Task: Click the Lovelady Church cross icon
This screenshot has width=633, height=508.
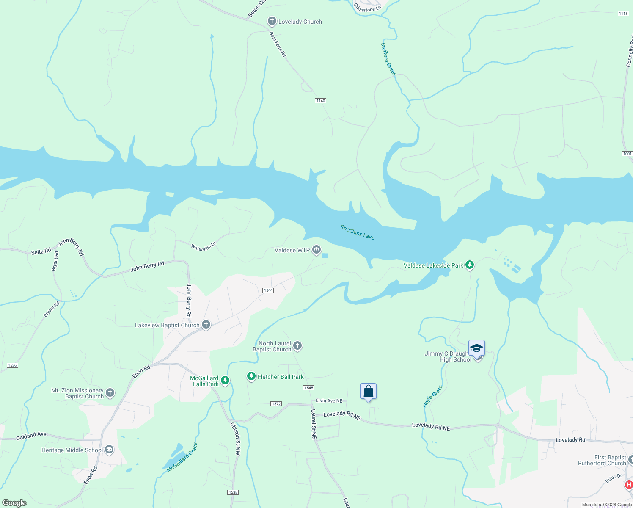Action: [x=272, y=21]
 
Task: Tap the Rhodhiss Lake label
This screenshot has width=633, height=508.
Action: [x=358, y=232]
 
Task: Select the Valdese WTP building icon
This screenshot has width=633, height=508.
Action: [x=316, y=250]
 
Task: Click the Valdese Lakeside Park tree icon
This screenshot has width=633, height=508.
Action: [x=469, y=265]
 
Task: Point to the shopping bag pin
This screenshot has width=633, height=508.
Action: [x=368, y=391]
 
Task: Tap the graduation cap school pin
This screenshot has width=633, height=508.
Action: [x=476, y=348]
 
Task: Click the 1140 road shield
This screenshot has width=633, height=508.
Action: [x=320, y=101]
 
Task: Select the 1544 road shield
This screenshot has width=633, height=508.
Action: [x=268, y=290]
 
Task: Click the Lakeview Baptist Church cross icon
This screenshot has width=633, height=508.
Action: [x=206, y=325]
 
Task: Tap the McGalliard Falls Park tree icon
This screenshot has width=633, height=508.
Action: [x=225, y=381]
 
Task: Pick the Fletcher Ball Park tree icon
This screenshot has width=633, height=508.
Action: [x=251, y=376]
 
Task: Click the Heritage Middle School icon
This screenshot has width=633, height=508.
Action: [x=109, y=450]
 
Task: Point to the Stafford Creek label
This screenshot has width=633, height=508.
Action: [x=388, y=59]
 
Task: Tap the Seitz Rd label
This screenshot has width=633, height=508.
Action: [x=41, y=251]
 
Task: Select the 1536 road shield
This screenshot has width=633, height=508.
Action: [x=12, y=365]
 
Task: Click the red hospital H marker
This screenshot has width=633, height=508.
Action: [x=629, y=485]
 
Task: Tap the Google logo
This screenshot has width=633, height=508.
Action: [x=14, y=503]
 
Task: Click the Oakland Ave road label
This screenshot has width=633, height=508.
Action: [x=31, y=436]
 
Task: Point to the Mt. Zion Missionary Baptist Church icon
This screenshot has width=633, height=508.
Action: [x=110, y=393]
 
